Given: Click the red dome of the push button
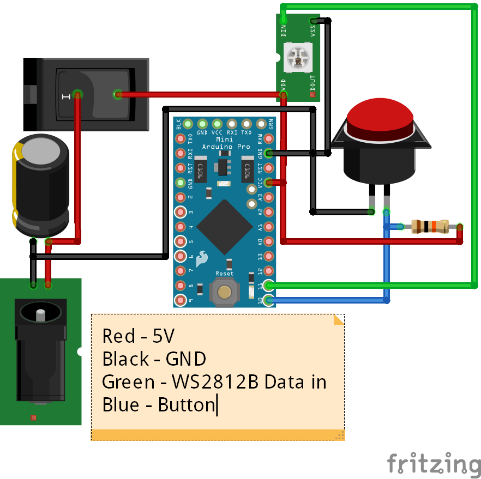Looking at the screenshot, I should pos(379,120).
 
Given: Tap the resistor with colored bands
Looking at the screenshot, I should pos(429,226).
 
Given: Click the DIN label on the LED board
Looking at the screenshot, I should pos(284,30).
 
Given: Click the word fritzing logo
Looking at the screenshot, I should pos(434,464).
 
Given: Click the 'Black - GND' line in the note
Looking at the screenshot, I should pos(154,359).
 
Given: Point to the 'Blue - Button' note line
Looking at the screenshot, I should pos(159,405).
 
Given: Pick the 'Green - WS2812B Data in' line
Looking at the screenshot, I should pos(214,382).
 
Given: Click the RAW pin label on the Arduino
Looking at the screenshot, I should pos(260,138).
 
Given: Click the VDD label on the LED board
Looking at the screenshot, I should pos(284,84).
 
